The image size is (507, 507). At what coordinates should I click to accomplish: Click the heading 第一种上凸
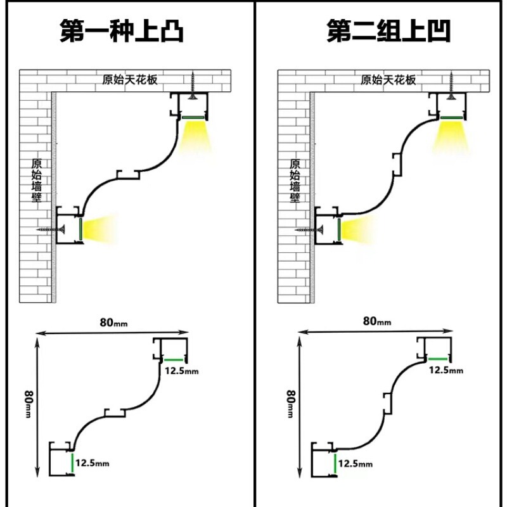tap(122, 30)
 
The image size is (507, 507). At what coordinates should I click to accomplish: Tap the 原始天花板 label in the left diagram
tap(130, 80)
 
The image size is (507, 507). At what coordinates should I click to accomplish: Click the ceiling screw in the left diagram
tap(188, 84)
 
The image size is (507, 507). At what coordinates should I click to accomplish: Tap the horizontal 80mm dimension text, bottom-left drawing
tap(113, 322)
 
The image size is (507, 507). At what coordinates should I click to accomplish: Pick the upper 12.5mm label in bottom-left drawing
tap(181, 371)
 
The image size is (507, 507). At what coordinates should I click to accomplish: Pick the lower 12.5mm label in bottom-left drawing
tap(93, 463)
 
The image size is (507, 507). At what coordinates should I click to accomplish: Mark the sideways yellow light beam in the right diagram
tap(358, 229)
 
